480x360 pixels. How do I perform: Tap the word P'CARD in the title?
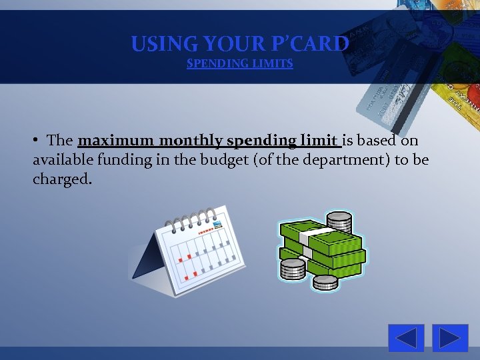point(311,44)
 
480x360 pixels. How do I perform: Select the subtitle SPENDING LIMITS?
point(239,64)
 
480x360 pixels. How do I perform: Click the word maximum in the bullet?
point(116,141)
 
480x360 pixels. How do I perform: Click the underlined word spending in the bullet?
point(261,141)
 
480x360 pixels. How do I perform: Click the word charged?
point(61,180)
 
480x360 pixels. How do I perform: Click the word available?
point(63,161)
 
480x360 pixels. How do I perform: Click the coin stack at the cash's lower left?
point(292,269)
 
